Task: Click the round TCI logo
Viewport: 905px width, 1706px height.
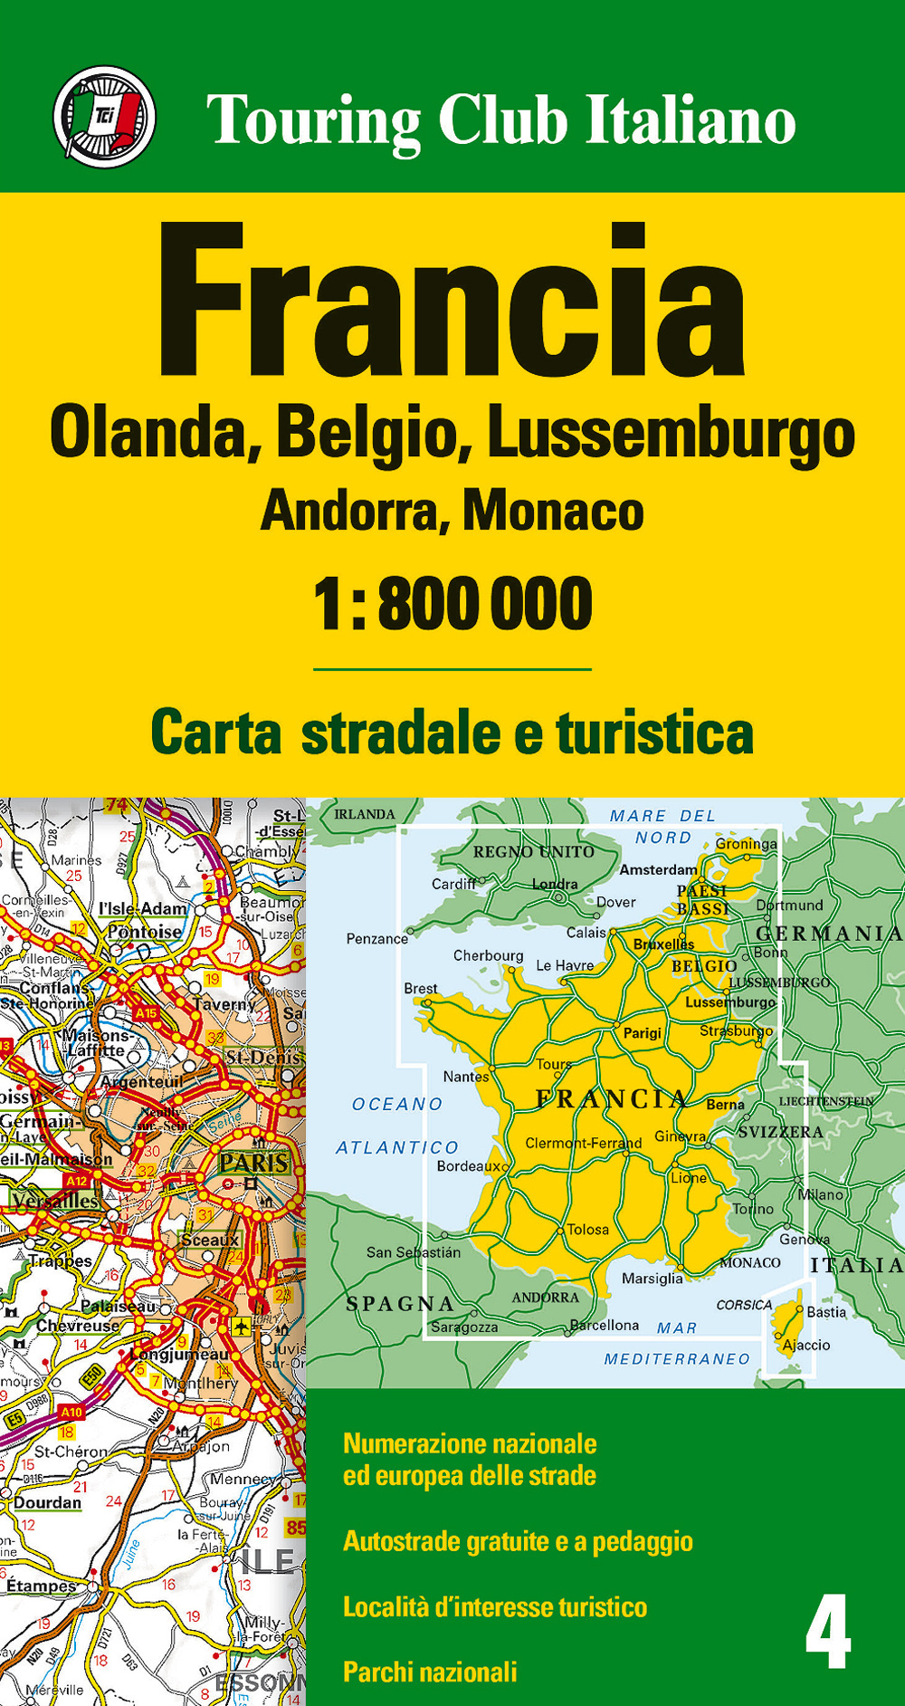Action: [104, 117]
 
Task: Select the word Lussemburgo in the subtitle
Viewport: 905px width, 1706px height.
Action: [671, 435]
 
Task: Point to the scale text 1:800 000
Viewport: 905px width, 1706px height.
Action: [452, 604]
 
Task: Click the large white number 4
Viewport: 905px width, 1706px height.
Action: [827, 1632]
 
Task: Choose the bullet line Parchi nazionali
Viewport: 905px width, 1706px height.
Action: [430, 1672]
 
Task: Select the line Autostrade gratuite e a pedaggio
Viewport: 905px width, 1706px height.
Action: [518, 1541]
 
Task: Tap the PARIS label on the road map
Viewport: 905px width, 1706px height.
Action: [253, 1163]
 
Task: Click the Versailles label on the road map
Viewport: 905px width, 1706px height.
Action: [55, 1202]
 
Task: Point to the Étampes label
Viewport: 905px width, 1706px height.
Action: [42, 1586]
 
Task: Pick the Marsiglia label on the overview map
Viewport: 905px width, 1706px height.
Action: [652, 1279]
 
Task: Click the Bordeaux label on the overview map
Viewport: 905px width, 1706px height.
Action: [472, 1166]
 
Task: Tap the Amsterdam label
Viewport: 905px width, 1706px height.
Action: [658, 869]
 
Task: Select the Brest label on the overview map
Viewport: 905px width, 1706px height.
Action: [420, 988]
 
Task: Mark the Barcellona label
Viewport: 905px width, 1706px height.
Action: [605, 1325]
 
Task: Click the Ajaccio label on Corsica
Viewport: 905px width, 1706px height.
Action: [805, 1345]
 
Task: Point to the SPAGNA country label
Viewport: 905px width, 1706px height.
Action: [400, 1304]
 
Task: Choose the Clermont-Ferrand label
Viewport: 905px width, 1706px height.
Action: [583, 1143]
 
